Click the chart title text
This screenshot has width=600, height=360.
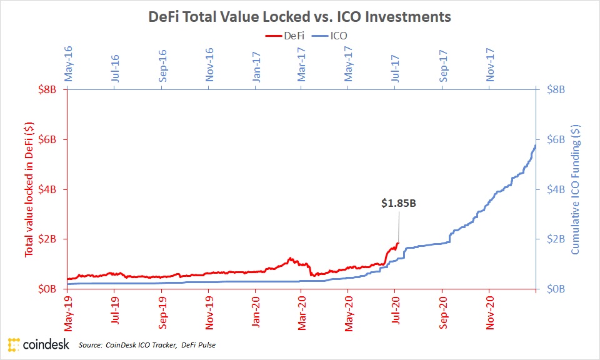pyautogui.click(x=299, y=17)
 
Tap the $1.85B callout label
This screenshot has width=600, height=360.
pyautogui.click(x=399, y=203)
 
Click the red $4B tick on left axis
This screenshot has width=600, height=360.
pyautogui.click(x=49, y=189)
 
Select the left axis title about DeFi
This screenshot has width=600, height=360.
pyautogui.click(x=29, y=189)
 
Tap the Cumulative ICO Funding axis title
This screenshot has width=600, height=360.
pyautogui.click(x=576, y=189)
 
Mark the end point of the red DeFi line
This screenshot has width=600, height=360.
pyautogui.click(x=398, y=243)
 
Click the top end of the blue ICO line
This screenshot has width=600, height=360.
pyautogui.click(x=536, y=145)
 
